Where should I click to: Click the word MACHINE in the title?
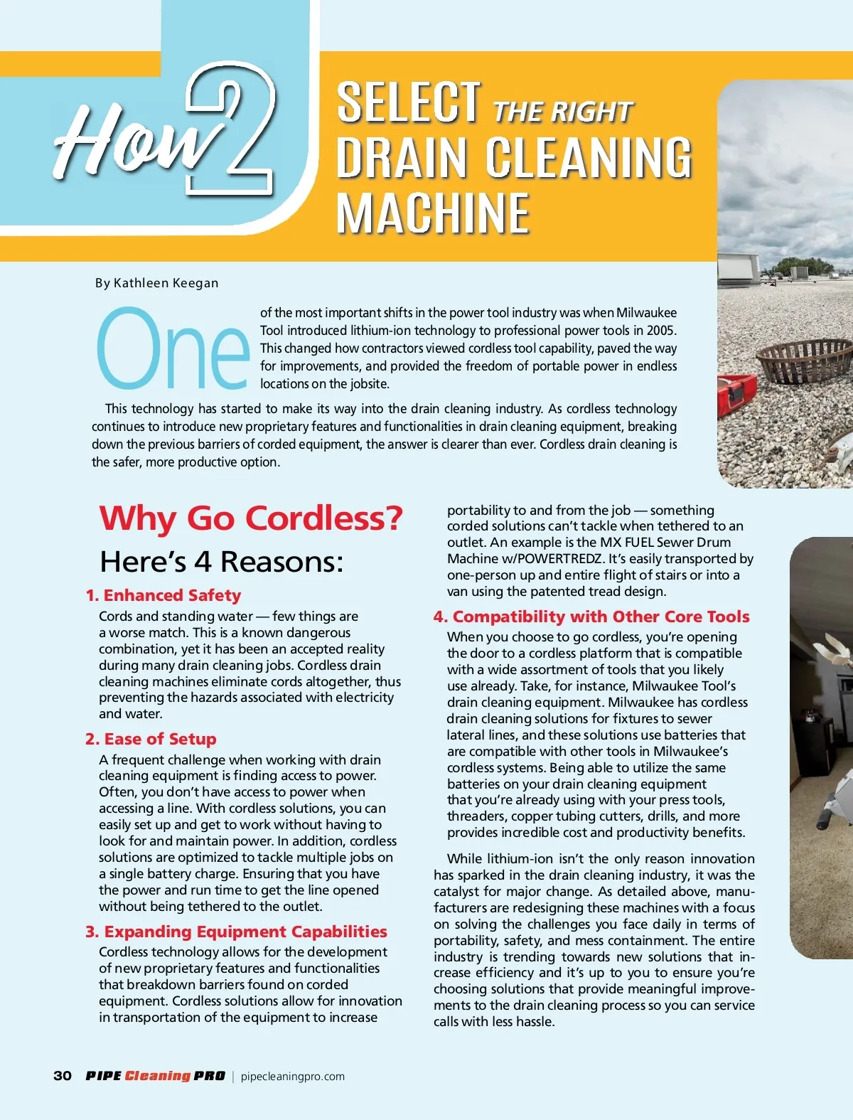(x=433, y=213)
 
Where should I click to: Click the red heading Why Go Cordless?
(x=251, y=518)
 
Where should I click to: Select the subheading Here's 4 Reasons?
(x=222, y=562)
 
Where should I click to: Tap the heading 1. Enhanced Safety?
(x=163, y=595)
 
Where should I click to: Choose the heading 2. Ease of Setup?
(x=151, y=739)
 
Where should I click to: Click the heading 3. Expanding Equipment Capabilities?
(x=236, y=932)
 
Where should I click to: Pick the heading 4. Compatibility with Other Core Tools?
(x=591, y=617)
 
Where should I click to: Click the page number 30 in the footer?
(x=63, y=1076)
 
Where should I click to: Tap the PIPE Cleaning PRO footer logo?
(x=155, y=1076)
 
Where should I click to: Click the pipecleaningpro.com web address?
(x=293, y=1077)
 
